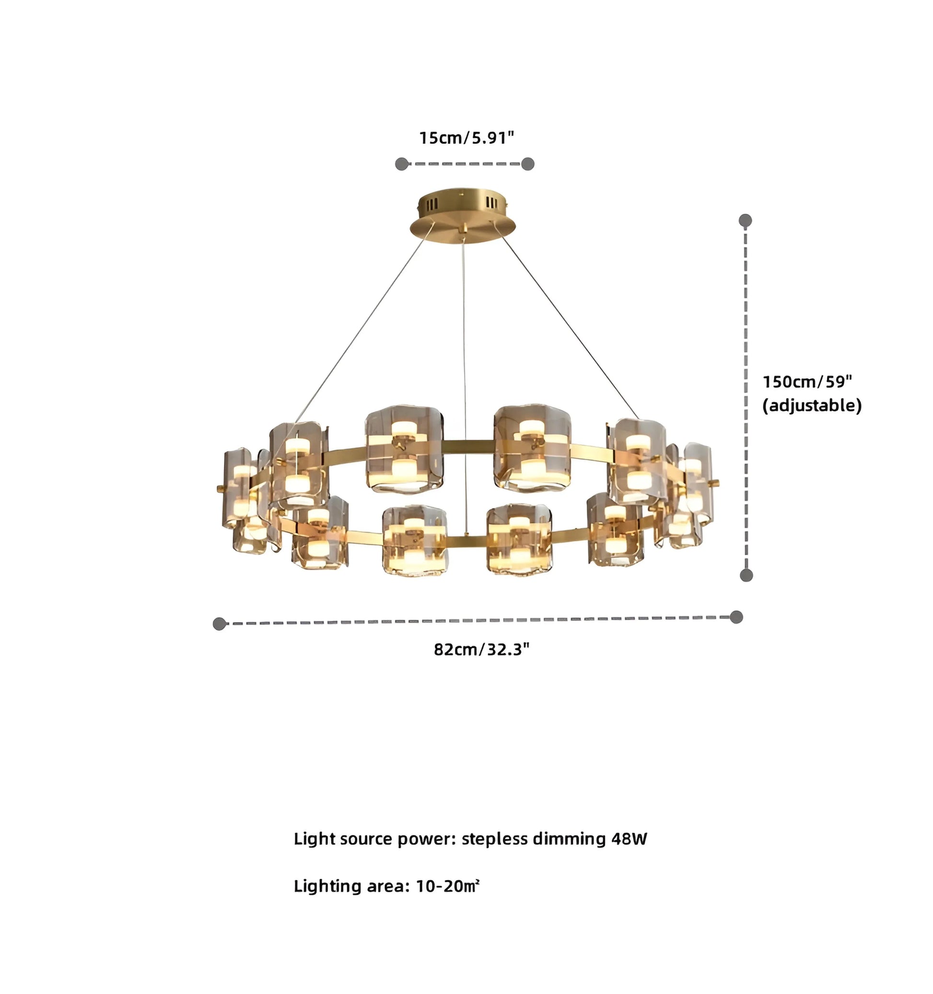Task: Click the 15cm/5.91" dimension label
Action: coord(466,138)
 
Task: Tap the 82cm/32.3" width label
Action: coord(481,650)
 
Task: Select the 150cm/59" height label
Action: coord(807,382)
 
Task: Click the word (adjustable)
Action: coord(812,406)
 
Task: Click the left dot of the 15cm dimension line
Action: coord(401,164)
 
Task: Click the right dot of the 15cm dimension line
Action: coord(528,164)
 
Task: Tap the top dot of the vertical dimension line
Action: coord(745,221)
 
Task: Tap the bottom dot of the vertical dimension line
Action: coord(746,575)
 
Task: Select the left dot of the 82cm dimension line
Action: coord(219,623)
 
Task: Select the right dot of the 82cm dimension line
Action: coord(736,617)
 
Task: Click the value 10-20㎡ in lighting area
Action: coord(447,887)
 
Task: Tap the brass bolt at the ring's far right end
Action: coord(716,483)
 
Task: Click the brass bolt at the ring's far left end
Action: coord(220,487)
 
